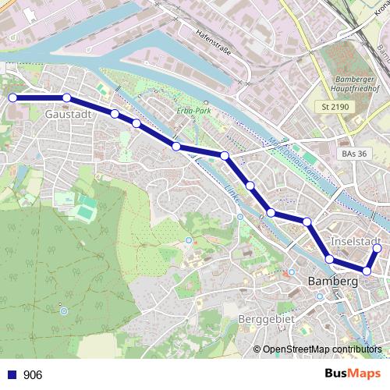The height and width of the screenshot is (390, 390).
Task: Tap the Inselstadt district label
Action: point(355,240)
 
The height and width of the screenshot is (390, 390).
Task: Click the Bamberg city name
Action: point(333,280)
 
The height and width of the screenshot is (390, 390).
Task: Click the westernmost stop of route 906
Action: point(12,97)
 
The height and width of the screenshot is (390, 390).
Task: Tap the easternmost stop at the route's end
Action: point(377,249)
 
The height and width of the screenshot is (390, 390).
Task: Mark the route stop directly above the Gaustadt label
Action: point(67,97)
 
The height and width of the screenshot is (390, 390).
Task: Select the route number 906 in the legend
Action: point(33,375)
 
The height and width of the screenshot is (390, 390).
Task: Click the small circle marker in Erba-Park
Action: point(205,102)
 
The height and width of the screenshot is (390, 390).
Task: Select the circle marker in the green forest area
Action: point(64,310)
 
